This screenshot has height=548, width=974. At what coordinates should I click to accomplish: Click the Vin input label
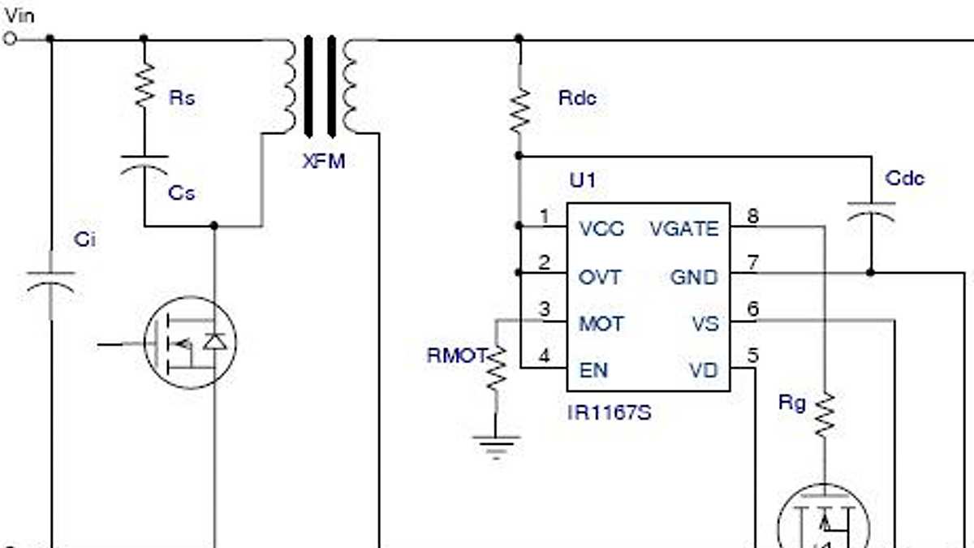[19, 14]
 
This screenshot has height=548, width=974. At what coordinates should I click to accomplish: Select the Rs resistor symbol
[144, 88]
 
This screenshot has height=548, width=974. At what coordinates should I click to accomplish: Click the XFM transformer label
[324, 161]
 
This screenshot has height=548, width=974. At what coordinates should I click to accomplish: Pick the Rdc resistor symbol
[519, 111]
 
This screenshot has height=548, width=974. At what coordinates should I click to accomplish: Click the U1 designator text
[582, 180]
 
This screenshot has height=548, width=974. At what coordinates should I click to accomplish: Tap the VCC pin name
[602, 230]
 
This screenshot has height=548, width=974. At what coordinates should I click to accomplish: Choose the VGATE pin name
[684, 230]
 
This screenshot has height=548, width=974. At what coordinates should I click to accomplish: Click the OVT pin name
[600, 277]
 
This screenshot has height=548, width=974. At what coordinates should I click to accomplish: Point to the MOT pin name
[601, 324]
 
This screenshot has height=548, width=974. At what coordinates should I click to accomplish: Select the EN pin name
[593, 370]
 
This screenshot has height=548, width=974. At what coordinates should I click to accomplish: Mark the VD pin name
[704, 370]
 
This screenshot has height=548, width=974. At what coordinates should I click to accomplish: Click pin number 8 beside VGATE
[752, 216]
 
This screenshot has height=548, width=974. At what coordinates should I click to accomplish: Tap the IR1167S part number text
[609, 413]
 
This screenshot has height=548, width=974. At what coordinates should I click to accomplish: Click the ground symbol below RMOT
[496, 446]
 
